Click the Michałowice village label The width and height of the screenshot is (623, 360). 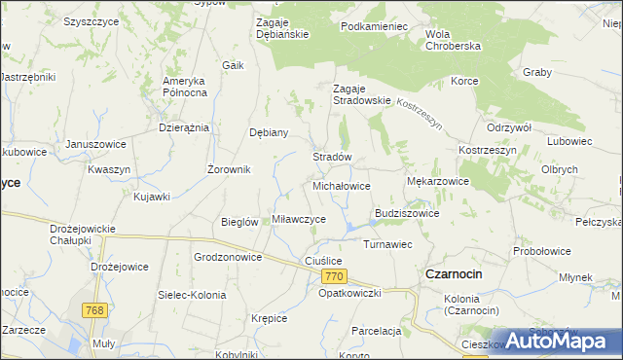pos(341,185)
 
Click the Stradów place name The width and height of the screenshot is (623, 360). pos(331,157)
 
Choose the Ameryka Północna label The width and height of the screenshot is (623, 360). pos(185,86)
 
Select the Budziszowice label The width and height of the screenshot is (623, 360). pos(407,213)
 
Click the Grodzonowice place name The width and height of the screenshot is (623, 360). pos(228,258)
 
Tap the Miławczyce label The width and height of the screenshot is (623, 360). pos(299,219)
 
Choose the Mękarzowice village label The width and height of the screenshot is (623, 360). pos(437,181)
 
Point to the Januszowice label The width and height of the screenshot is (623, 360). pos(95,144)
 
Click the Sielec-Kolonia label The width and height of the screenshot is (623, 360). pos(192,294)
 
